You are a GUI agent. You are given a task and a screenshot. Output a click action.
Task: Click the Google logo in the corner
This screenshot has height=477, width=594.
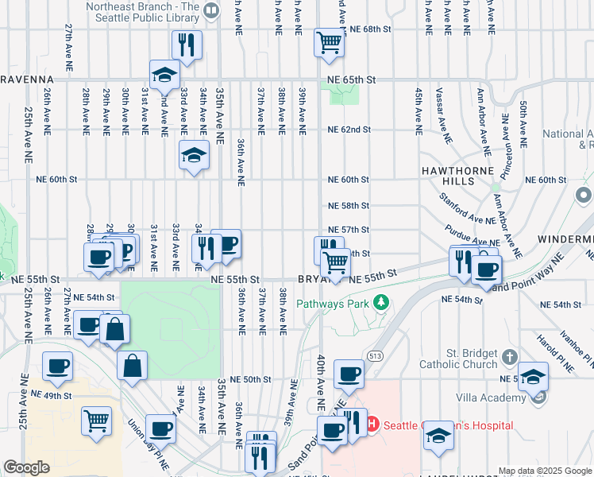click(26, 467)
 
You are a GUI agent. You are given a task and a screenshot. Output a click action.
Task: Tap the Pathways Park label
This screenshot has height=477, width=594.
click(333, 303)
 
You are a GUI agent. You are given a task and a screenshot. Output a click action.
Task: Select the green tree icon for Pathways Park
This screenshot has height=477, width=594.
click(381, 302)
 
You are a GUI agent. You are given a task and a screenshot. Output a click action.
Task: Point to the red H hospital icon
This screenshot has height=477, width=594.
click(372, 425)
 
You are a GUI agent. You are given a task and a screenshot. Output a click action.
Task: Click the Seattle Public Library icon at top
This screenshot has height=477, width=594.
click(210, 10)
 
